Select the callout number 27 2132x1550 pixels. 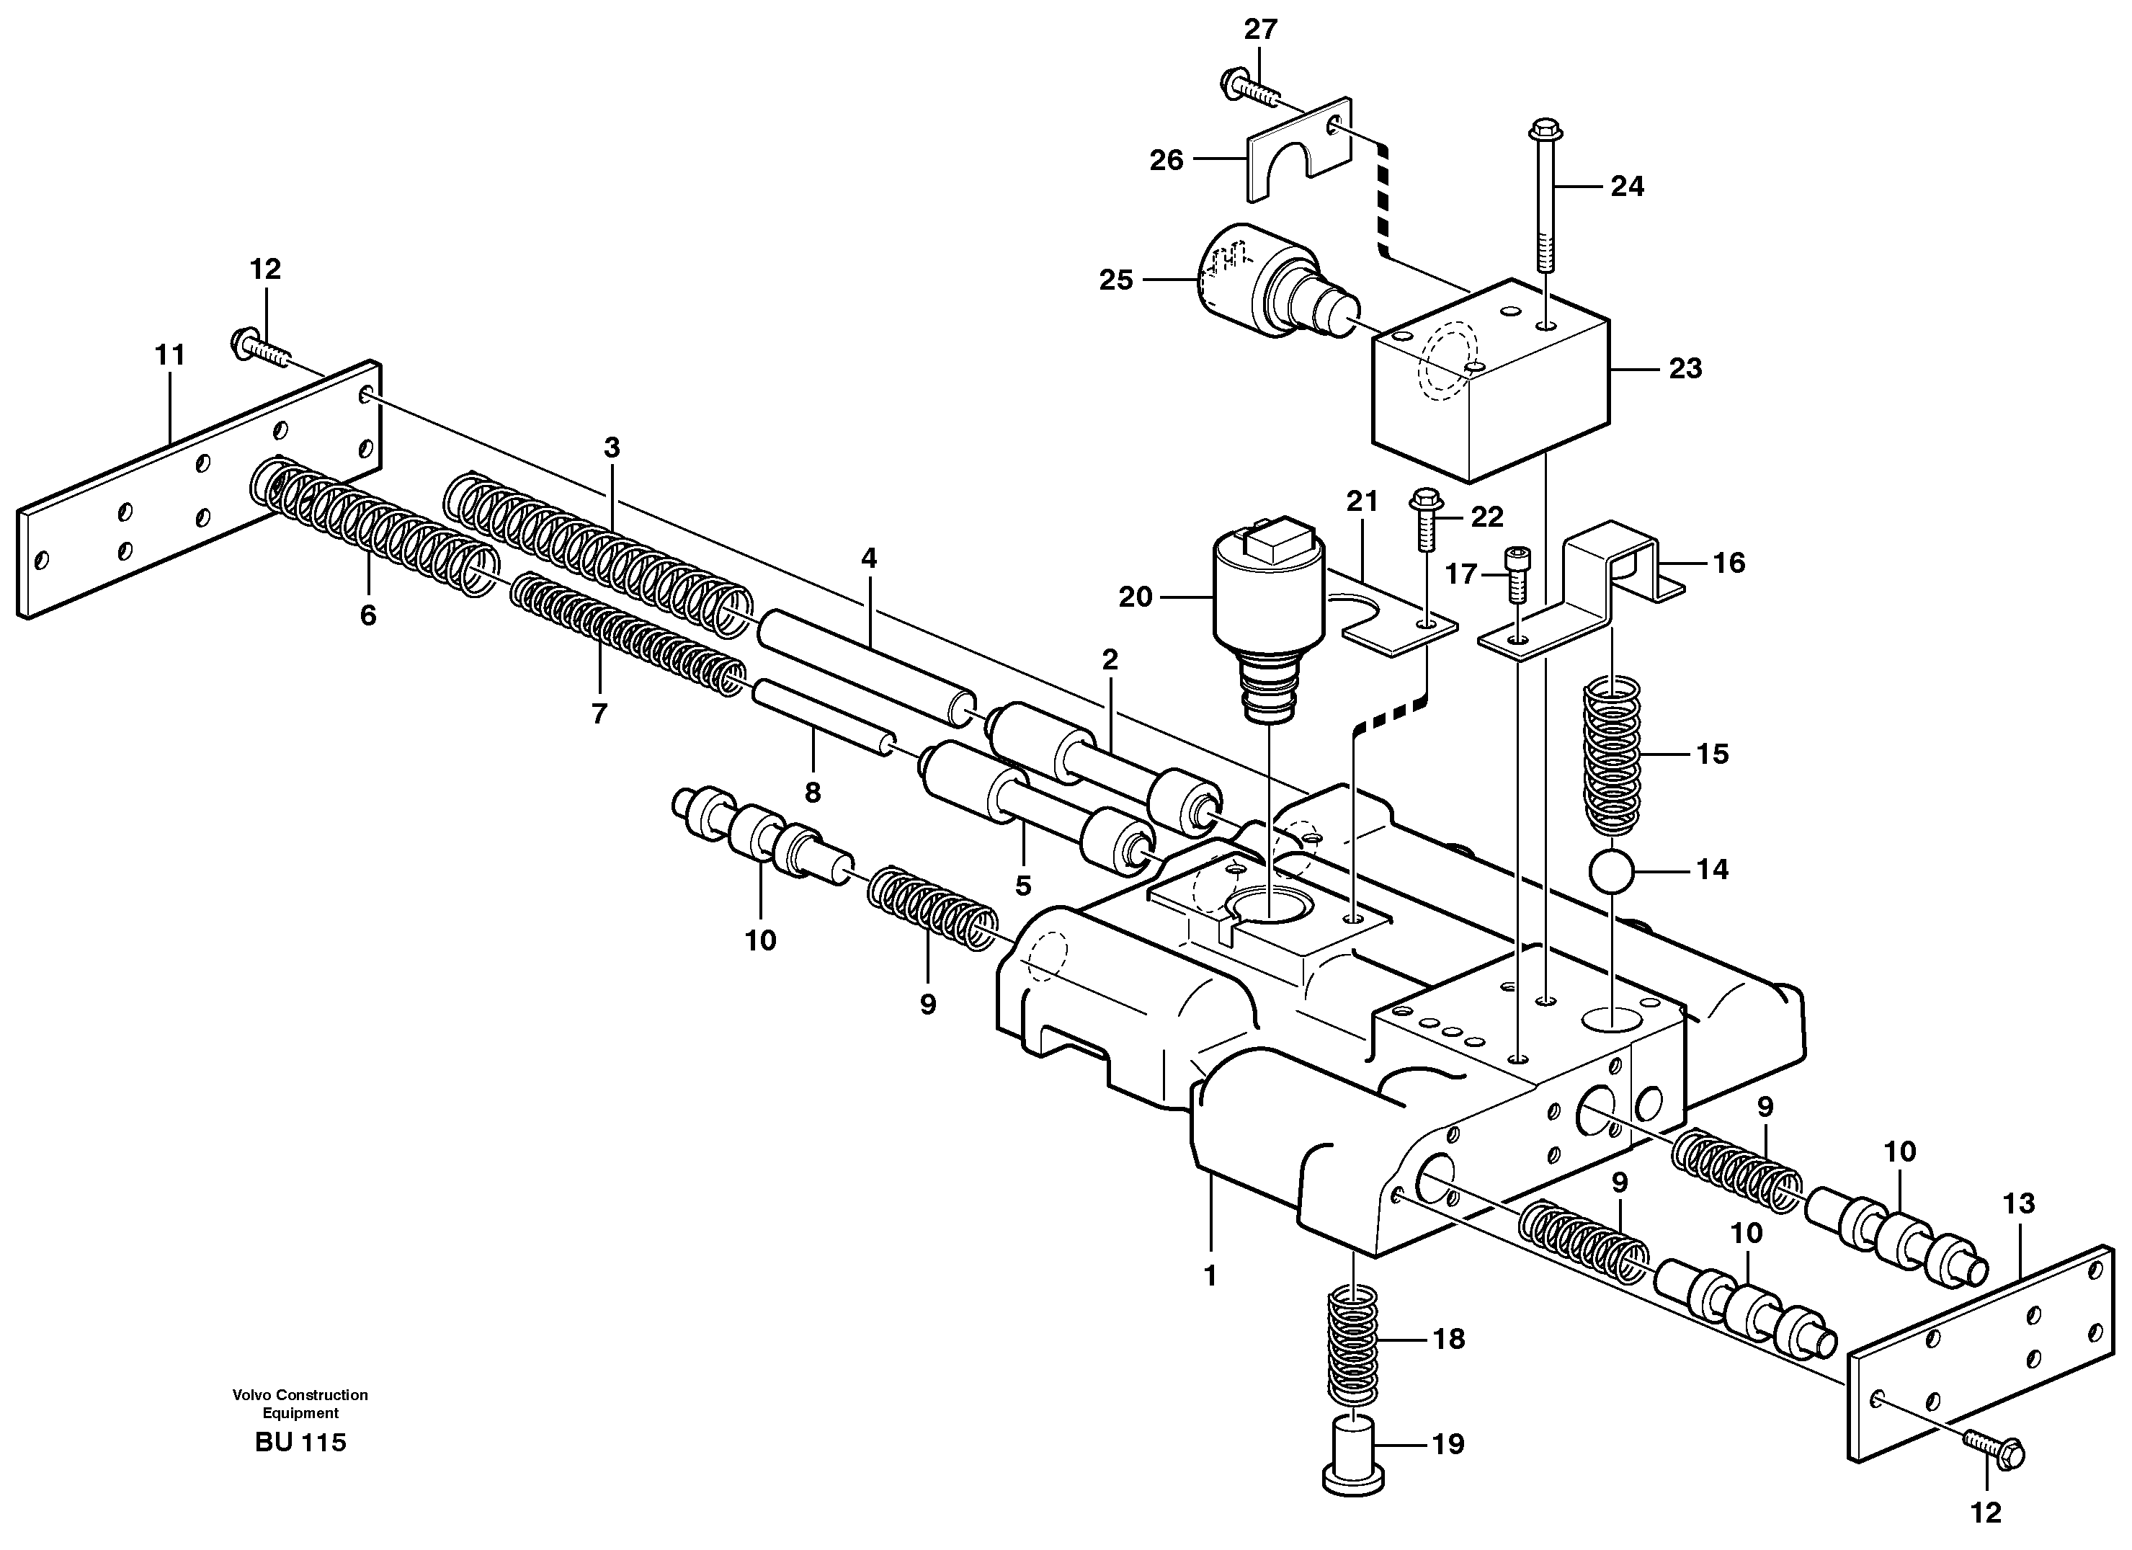click(1261, 30)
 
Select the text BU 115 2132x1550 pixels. click(300, 1442)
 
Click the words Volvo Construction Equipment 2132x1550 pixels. click(300, 1404)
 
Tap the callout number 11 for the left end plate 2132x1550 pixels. click(170, 355)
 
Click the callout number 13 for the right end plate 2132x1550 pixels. click(2018, 1203)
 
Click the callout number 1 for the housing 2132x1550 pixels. click(1210, 1275)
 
